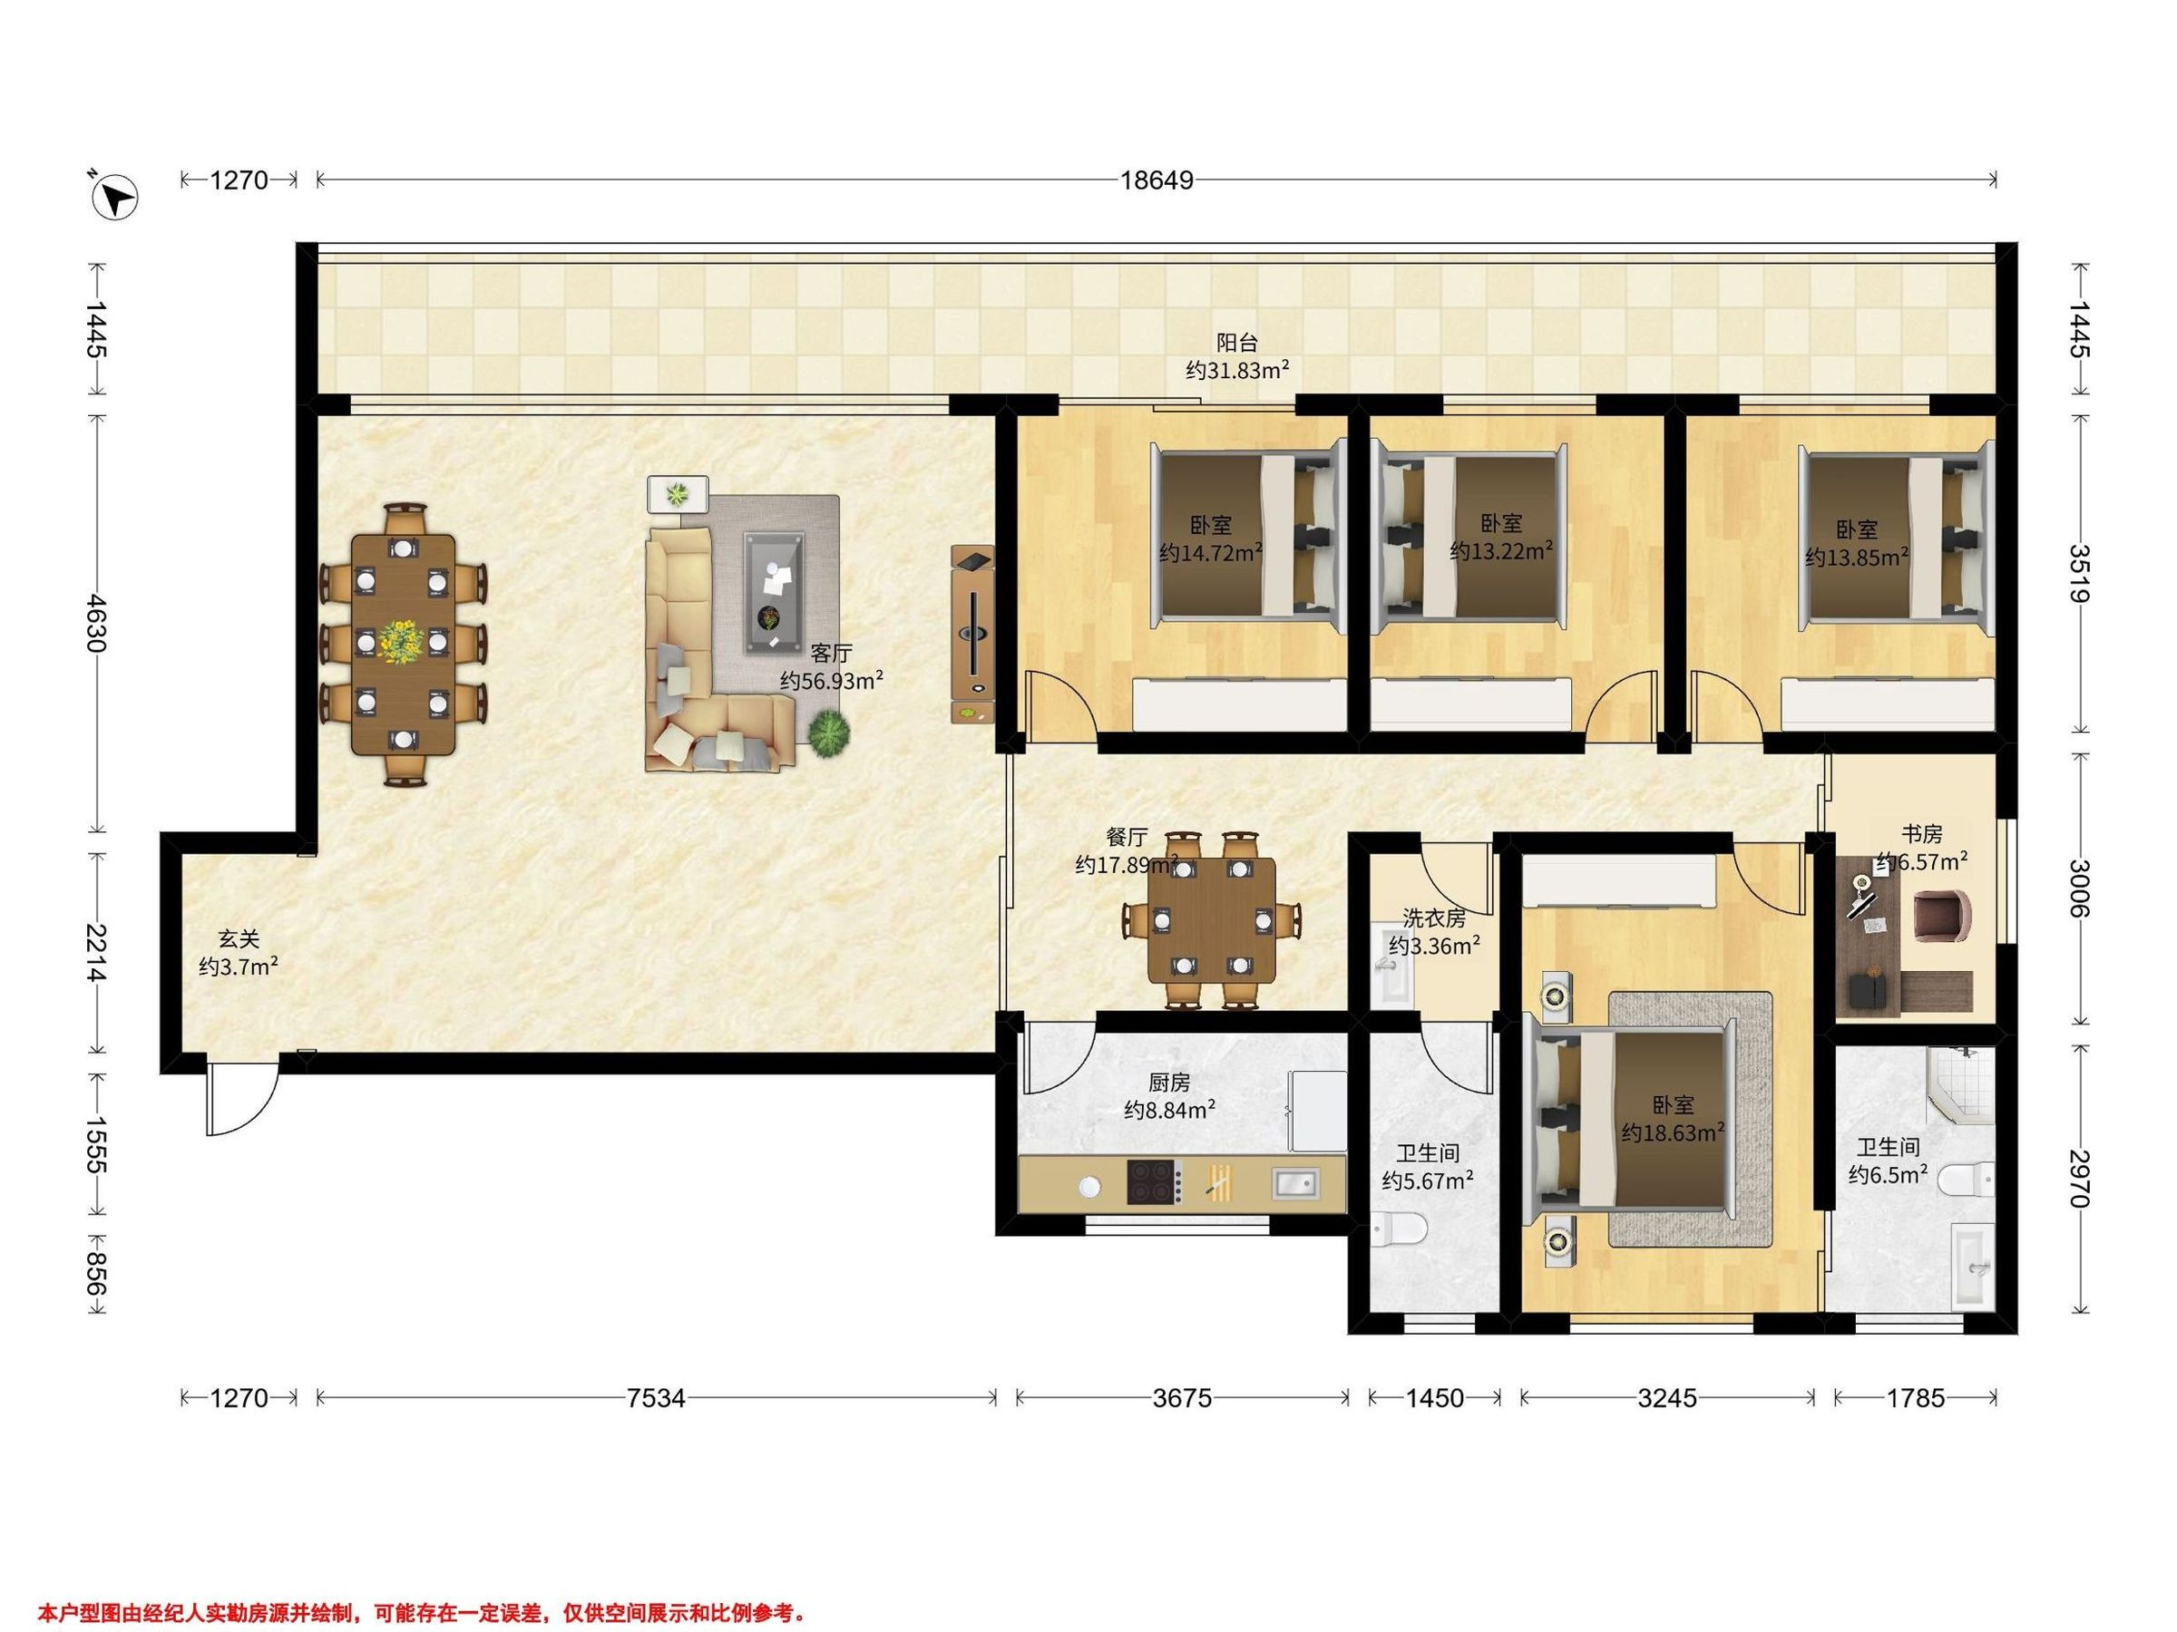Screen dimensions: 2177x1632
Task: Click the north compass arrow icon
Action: pos(114,197)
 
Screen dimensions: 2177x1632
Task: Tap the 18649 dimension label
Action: pos(1157,181)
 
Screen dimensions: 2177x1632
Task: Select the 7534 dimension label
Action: pos(656,1398)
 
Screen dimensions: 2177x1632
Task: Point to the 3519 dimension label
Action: pos(2080,572)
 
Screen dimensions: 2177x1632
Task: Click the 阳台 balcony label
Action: pos(1237,343)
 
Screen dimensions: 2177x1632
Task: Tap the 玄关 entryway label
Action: pos(239,939)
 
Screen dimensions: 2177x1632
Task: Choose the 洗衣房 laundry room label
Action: pos(1434,918)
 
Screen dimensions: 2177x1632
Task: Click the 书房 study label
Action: pos(1921,834)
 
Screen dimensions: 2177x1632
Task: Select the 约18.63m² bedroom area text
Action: pos(1673,1132)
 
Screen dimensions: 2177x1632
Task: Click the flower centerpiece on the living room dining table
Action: pos(402,641)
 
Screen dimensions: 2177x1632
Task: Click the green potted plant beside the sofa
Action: pos(830,733)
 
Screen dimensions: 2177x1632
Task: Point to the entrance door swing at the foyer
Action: pos(241,1099)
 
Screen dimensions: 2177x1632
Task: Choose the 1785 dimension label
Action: pos(1915,1398)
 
